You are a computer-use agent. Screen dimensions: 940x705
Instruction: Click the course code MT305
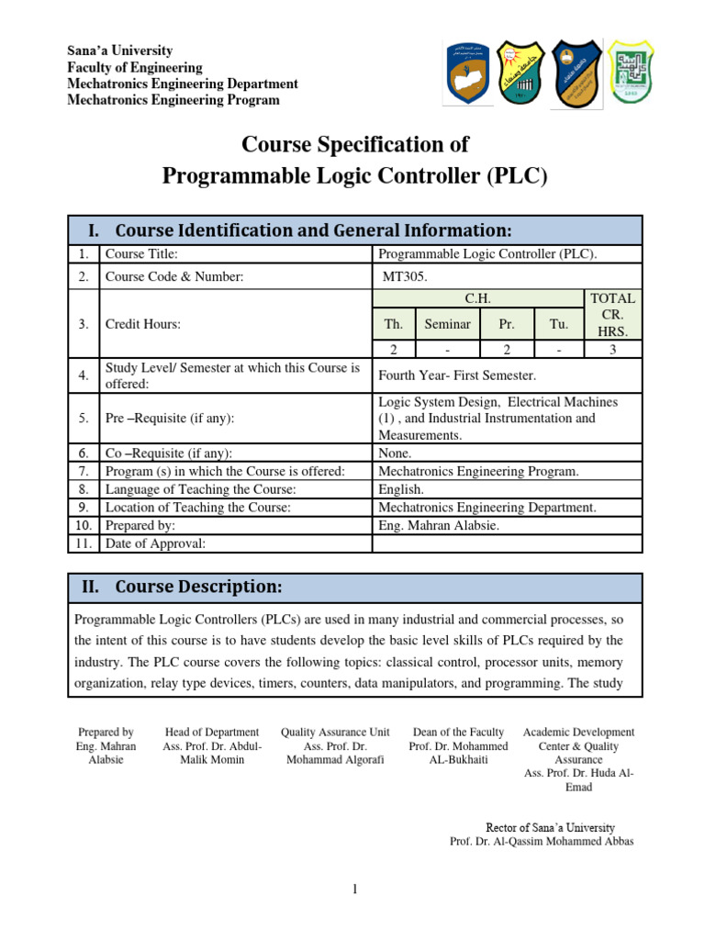(404, 276)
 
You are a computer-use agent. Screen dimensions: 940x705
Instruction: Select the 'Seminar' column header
(447, 324)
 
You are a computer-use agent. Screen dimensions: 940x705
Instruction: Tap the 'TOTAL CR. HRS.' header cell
(613, 314)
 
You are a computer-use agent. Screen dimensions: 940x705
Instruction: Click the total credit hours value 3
(613, 349)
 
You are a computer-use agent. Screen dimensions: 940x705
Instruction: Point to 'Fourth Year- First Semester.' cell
(456, 375)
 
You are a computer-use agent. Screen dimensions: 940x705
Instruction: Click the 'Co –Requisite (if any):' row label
(168, 453)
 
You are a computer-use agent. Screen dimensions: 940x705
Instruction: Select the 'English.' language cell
(401, 489)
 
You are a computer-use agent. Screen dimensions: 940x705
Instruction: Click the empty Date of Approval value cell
(507, 543)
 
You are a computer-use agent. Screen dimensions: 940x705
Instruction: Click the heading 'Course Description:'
(198, 587)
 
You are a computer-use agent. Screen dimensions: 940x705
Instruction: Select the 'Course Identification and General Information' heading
(313, 229)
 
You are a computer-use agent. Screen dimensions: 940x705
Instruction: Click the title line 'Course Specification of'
(354, 144)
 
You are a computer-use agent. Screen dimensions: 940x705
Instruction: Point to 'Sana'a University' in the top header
(119, 50)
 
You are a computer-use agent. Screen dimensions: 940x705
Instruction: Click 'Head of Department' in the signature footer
(211, 732)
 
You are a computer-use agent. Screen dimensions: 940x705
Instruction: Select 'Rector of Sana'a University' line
(550, 827)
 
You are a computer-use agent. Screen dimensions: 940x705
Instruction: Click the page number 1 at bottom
(354, 889)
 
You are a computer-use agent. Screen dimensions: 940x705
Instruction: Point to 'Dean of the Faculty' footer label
(458, 732)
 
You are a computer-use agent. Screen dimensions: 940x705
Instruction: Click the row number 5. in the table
(84, 418)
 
